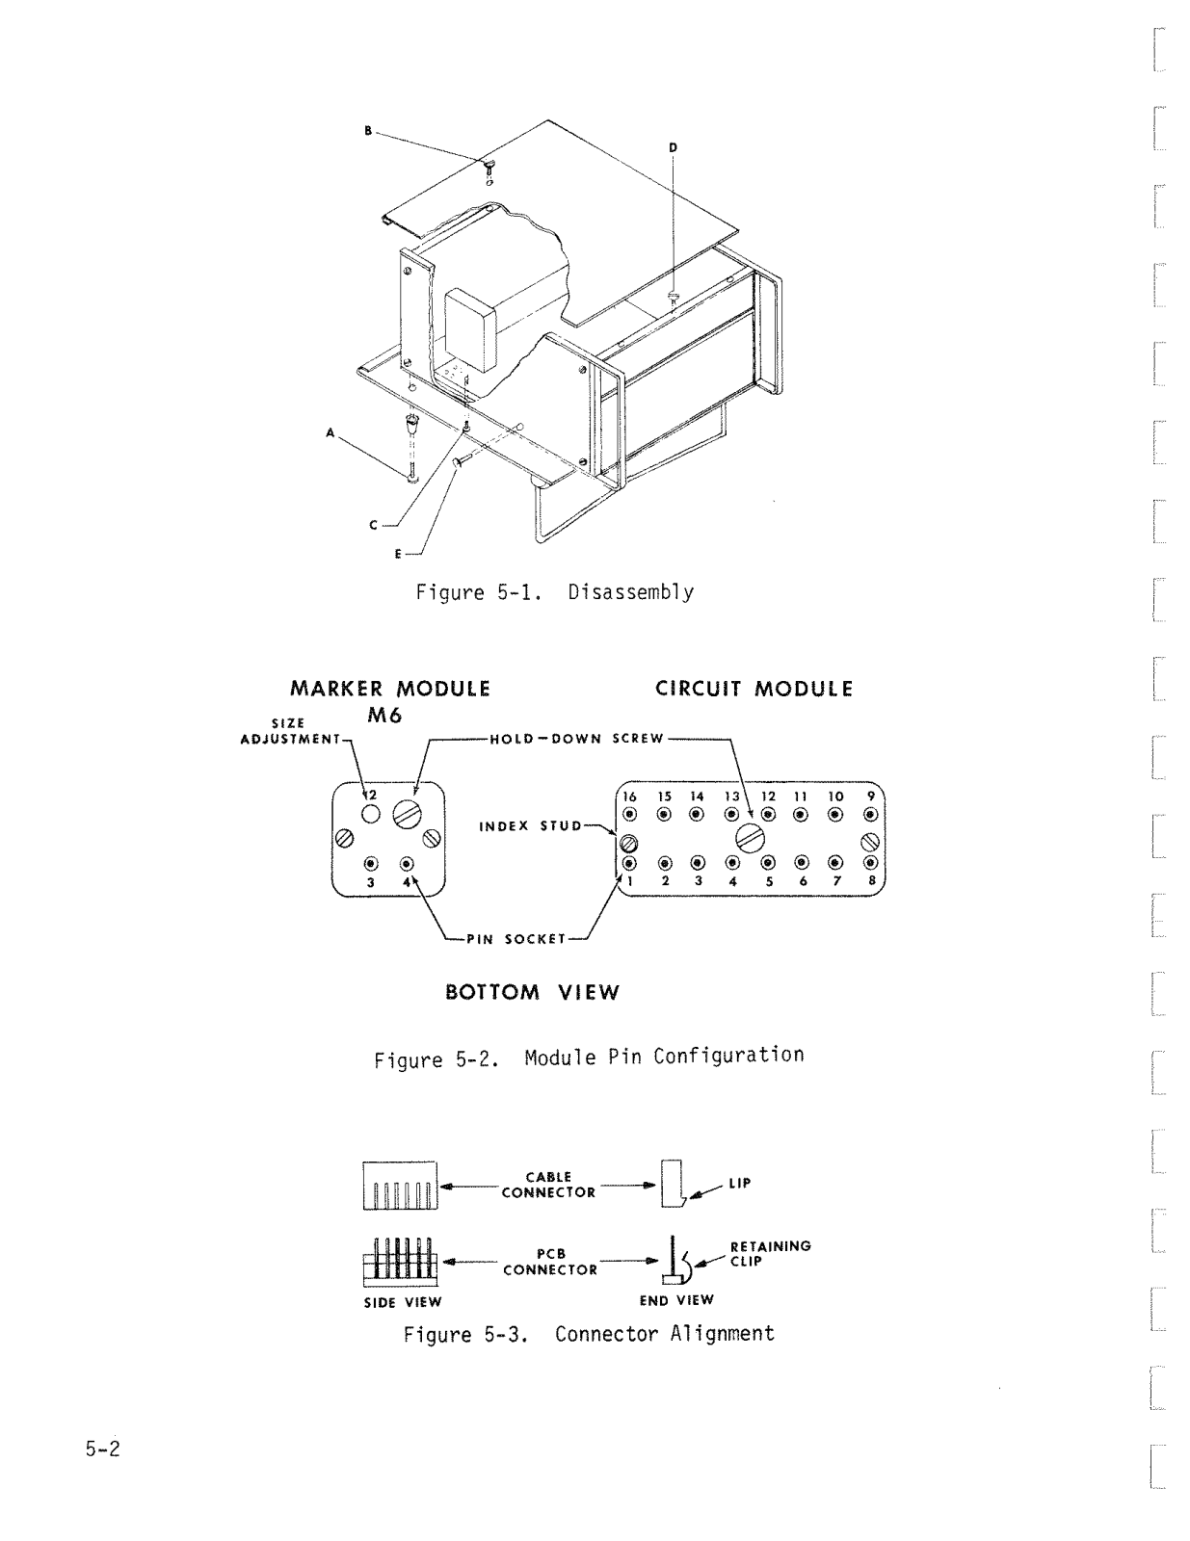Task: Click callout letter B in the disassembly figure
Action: point(367,131)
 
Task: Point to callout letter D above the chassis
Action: point(673,147)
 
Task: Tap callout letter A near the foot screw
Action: point(330,433)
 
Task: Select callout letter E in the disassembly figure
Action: point(397,554)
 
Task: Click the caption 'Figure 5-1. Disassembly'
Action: point(554,592)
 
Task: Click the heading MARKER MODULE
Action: point(390,689)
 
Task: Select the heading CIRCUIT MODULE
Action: point(754,689)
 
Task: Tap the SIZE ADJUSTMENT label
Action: point(289,732)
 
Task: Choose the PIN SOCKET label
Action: point(516,939)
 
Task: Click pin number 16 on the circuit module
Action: point(629,797)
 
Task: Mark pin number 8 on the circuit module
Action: point(871,880)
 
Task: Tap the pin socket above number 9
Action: point(870,815)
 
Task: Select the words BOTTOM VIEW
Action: point(532,993)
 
